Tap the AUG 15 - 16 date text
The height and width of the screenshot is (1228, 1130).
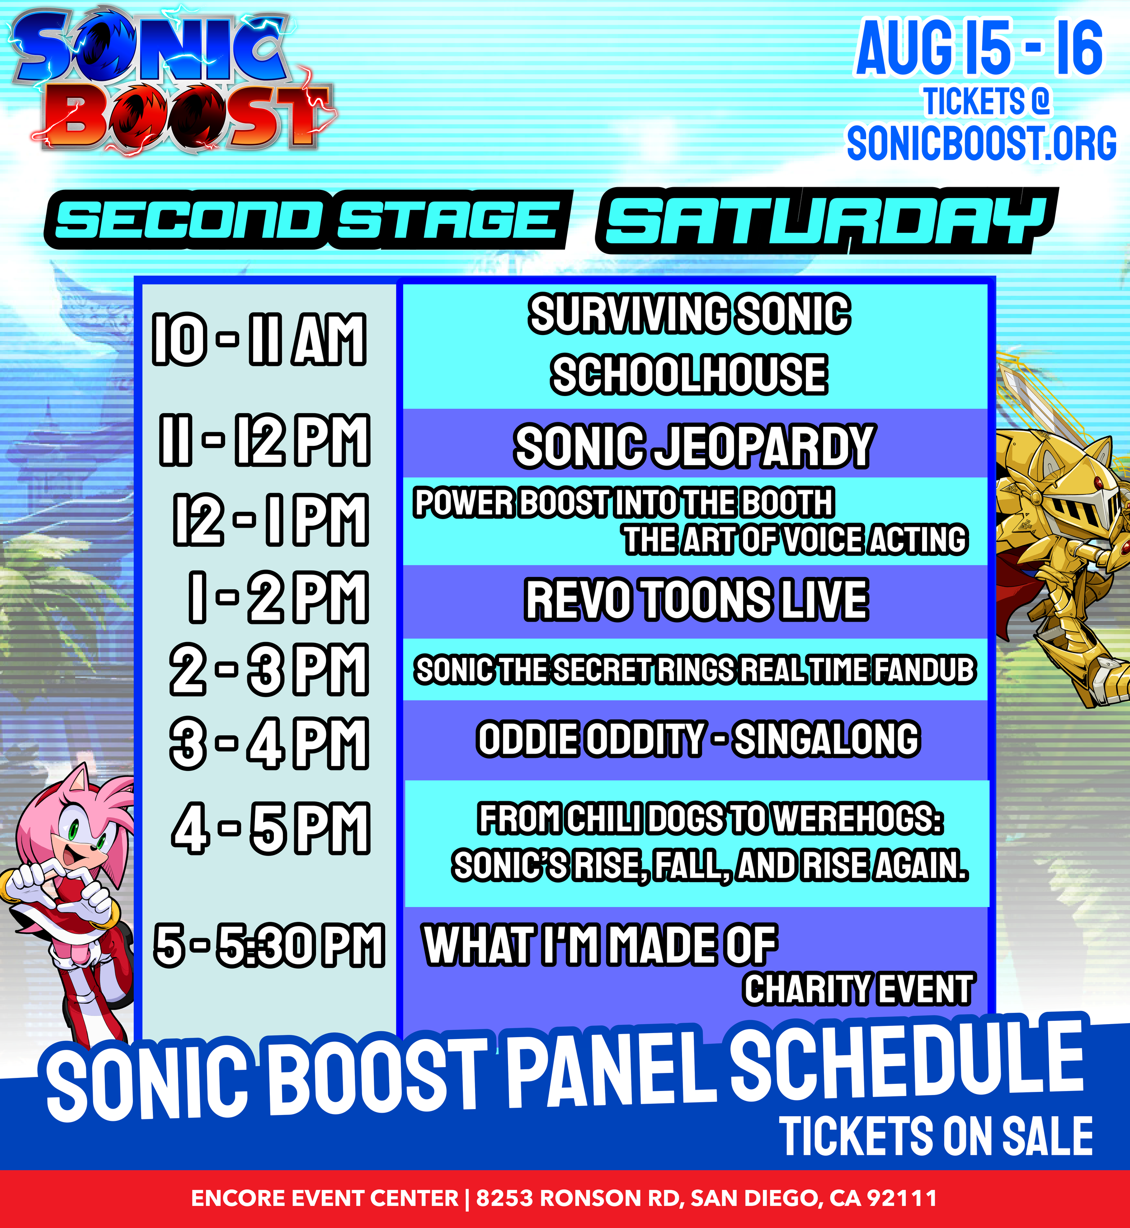[x=979, y=48]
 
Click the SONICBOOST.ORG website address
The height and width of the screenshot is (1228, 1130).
[x=981, y=143]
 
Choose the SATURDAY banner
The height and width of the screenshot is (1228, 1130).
[x=827, y=220]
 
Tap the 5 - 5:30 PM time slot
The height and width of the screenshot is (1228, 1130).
[x=269, y=945]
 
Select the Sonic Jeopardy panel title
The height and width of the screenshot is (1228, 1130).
[x=694, y=446]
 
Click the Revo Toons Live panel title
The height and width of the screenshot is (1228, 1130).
[x=697, y=600]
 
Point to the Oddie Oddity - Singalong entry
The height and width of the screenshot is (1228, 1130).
[x=698, y=739]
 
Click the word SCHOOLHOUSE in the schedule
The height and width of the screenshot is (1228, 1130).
[x=689, y=374]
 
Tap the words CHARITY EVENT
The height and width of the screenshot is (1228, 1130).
[x=858, y=989]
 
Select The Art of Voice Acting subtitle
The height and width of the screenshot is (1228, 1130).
[x=796, y=539]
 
